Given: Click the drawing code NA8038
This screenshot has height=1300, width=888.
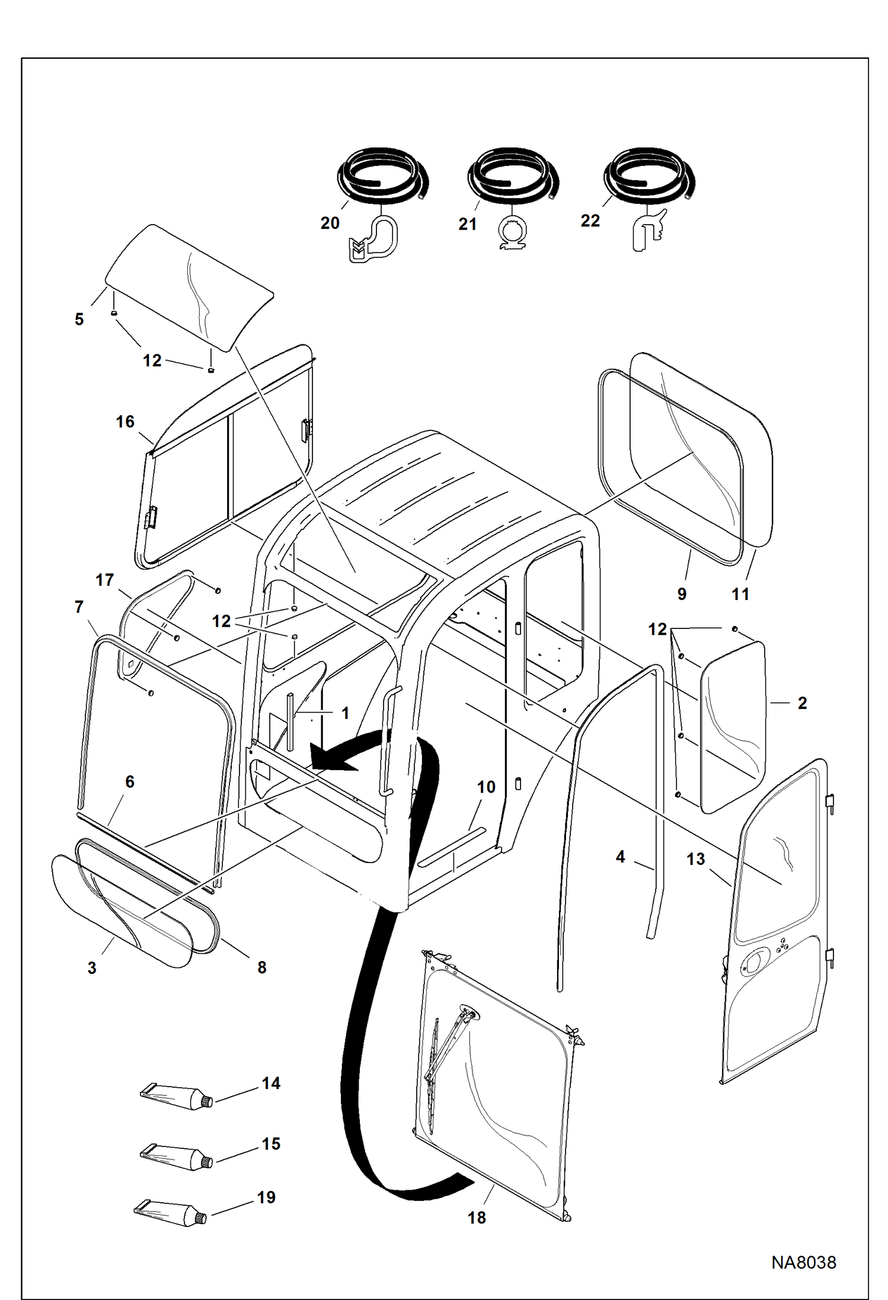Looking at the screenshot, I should pos(803,1263).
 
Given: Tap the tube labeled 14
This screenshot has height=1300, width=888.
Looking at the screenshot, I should pos(176,1097).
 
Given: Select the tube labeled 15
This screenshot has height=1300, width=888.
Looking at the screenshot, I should pos(176,1157).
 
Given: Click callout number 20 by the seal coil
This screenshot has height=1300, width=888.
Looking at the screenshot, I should pos(330,223).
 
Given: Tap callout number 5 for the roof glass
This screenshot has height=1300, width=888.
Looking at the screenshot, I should pos(79,320).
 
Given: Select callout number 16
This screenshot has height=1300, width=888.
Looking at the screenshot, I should pos(125,421).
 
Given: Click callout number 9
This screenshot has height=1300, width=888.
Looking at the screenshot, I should pos(682,594).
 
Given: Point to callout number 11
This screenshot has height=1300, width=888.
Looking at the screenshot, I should pos(740,594).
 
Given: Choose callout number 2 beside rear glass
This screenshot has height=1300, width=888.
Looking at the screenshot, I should pos(802,703).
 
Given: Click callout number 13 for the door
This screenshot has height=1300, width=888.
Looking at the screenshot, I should pos(696,859).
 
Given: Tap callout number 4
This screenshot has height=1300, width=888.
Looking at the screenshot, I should pos(620,857).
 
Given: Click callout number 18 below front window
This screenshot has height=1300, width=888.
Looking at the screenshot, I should pos(477,1218).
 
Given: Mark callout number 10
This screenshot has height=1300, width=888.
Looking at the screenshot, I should pos(486,787).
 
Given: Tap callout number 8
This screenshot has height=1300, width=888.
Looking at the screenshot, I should pos(261,967).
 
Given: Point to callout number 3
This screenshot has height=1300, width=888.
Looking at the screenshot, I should pos(92,968).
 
